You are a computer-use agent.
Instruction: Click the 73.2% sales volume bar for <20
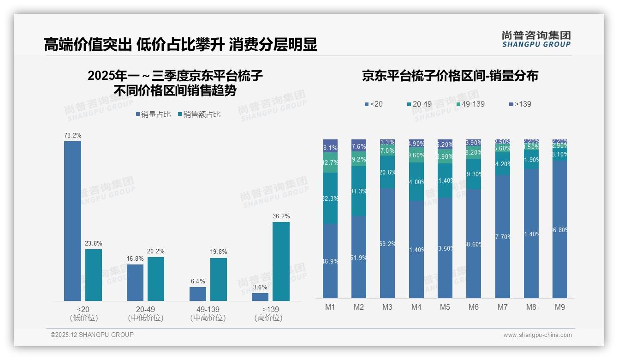pos(72,222)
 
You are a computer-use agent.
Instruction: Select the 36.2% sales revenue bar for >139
pos(281,262)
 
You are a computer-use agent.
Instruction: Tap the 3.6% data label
pos(260,287)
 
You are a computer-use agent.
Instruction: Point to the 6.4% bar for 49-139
pos(198,294)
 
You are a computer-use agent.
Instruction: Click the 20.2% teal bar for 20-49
pos(156,279)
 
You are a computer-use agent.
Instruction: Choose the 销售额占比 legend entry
pos(199,114)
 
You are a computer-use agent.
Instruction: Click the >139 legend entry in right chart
pos(520,104)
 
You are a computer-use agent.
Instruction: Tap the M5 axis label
pos(445,307)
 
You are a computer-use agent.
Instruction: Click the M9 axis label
pos(559,307)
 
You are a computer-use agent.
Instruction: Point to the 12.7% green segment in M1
pos(330,162)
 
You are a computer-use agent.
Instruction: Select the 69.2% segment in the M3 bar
pos(387,243)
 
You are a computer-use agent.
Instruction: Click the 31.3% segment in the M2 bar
pos(359,191)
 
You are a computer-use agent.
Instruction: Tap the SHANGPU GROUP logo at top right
pos(536,39)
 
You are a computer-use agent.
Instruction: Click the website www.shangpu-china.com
pos(537,335)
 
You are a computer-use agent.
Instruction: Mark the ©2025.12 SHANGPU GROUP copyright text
pos(92,335)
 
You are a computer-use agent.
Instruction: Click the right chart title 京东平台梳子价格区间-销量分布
pos(450,76)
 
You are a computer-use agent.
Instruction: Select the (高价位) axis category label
pos(268,318)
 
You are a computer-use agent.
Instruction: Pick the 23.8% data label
pos(94,243)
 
